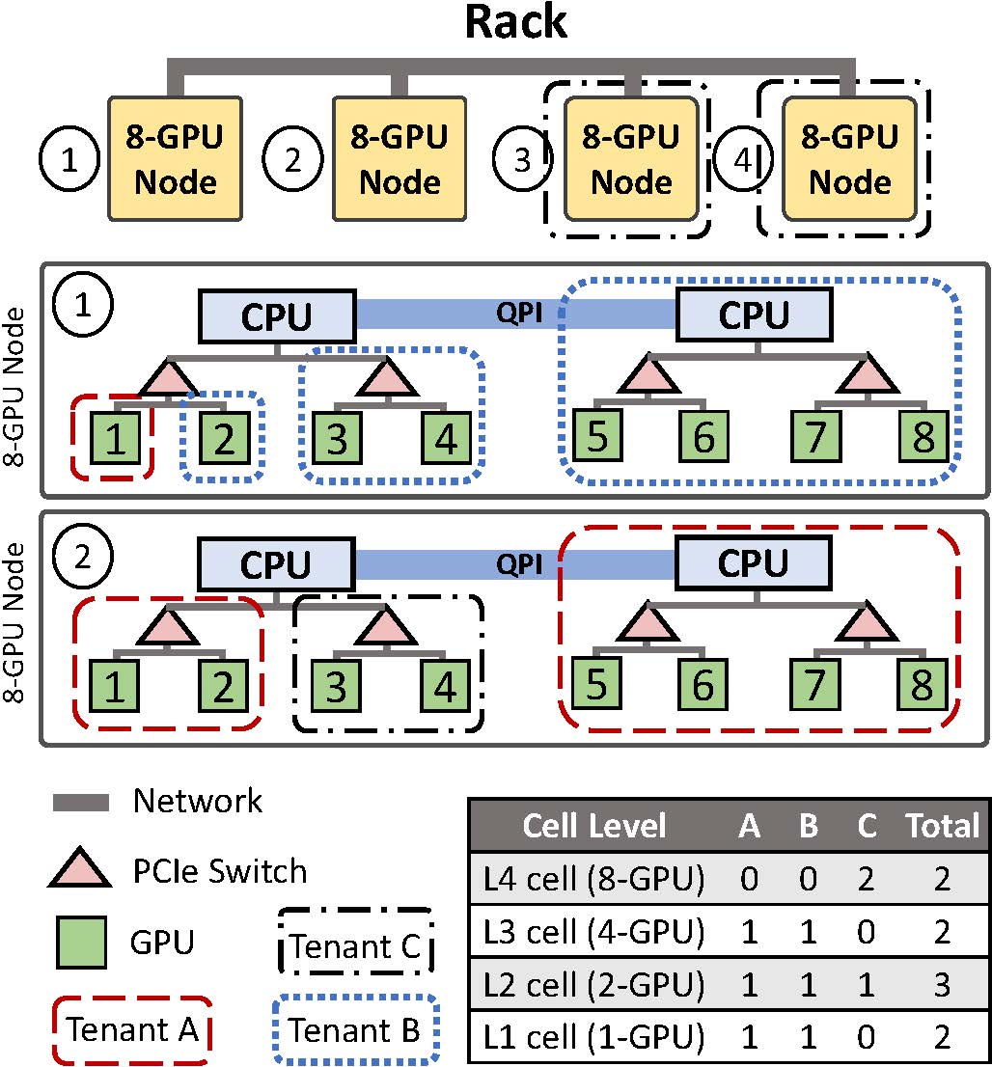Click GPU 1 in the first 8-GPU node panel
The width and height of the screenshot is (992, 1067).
pyautogui.click(x=117, y=440)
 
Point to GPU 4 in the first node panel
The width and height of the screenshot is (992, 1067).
pyautogui.click(x=446, y=440)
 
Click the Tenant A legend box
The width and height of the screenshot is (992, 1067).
pyautogui.click(x=133, y=1030)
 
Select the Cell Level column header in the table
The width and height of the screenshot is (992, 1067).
pyautogui.click(x=593, y=826)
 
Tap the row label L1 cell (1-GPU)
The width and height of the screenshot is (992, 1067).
pyautogui.click(x=594, y=1038)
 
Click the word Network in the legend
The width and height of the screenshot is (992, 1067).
pyautogui.click(x=197, y=801)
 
